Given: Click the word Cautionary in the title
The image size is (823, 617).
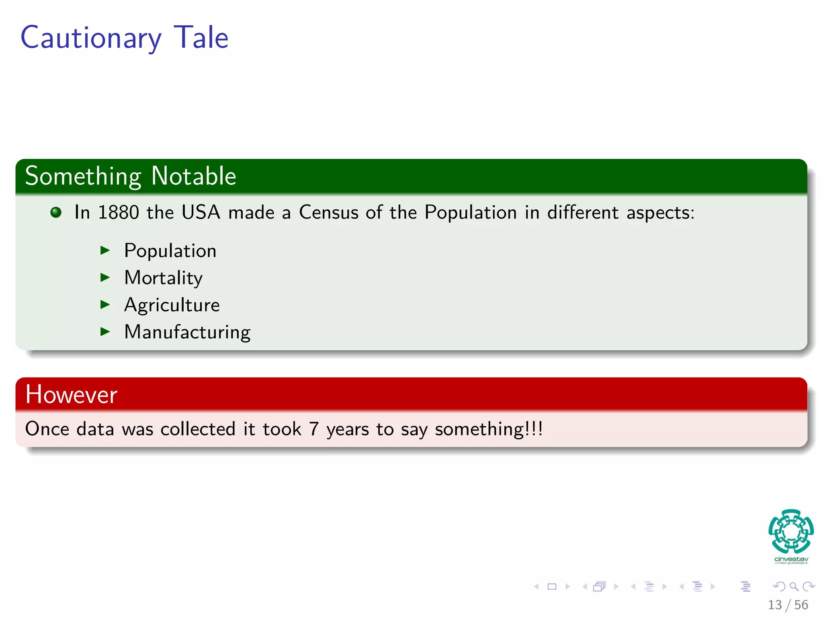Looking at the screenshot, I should coord(91,38).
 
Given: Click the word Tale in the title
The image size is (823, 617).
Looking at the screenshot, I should coord(201,37).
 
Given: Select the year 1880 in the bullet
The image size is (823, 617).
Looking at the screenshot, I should coord(119,212).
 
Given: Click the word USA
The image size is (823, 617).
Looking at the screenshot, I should coord(201,212).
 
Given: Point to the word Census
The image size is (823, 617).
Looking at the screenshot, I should coord(328,212).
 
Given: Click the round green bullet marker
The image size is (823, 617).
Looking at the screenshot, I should coord(56,212).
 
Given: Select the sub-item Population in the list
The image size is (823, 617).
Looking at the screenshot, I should coord(170,251).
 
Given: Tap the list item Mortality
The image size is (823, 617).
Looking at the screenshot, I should coord(163,278).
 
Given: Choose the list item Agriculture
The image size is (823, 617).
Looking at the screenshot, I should coord(172,305).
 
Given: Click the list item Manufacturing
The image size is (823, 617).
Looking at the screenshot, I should coord(187,332).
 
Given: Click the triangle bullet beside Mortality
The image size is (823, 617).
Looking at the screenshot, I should coord(105,277).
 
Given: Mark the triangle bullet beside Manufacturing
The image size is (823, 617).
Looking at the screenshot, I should coord(105,332).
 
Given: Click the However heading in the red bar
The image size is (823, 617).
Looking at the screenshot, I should coord(71,394).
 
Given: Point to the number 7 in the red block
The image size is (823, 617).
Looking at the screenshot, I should coord(314,429).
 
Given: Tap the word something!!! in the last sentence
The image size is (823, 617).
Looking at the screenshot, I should coord(489,429).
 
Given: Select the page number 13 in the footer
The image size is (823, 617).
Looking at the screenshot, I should coord(775,605).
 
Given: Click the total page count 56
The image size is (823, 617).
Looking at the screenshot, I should coord(801,605).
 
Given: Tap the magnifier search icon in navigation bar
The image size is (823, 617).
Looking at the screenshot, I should coord(794,586).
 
